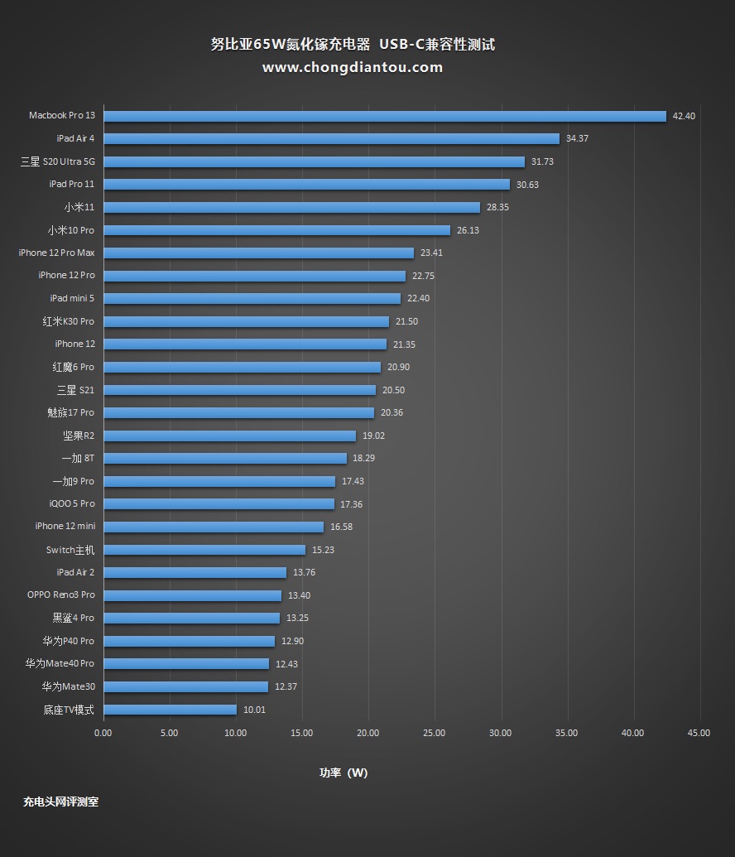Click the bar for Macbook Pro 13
coord(385,116)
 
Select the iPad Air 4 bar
coord(331,138)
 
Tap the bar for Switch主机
coord(204,550)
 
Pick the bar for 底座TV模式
coord(170,710)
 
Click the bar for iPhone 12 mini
coord(214,527)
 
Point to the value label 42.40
coord(684,116)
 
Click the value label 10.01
coord(254,710)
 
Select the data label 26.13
coord(468,230)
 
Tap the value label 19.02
coord(373,436)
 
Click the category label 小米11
coord(79,207)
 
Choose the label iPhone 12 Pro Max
coord(56,253)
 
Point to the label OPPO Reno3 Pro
coord(61,595)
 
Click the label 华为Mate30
coord(69,686)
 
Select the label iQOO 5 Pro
coord(72,503)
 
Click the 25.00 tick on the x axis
coord(435,733)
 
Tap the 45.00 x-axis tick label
coord(699,733)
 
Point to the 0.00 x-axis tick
coord(103,733)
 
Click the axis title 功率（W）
coord(343,773)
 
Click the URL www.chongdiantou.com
coord(353,67)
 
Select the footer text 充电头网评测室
coord(61,802)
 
